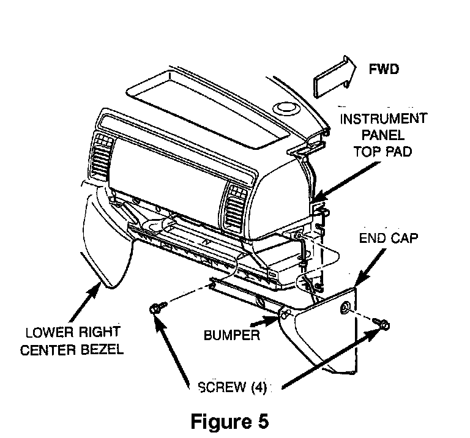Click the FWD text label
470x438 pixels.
point(384,69)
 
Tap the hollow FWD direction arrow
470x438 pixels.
point(335,76)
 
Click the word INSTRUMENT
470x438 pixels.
point(383,119)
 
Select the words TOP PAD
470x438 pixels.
point(382,152)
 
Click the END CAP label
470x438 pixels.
point(389,238)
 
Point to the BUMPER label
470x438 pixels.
point(232,335)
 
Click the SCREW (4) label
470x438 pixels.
point(233,387)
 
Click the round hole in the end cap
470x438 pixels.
point(345,308)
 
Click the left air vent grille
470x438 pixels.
point(101,157)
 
